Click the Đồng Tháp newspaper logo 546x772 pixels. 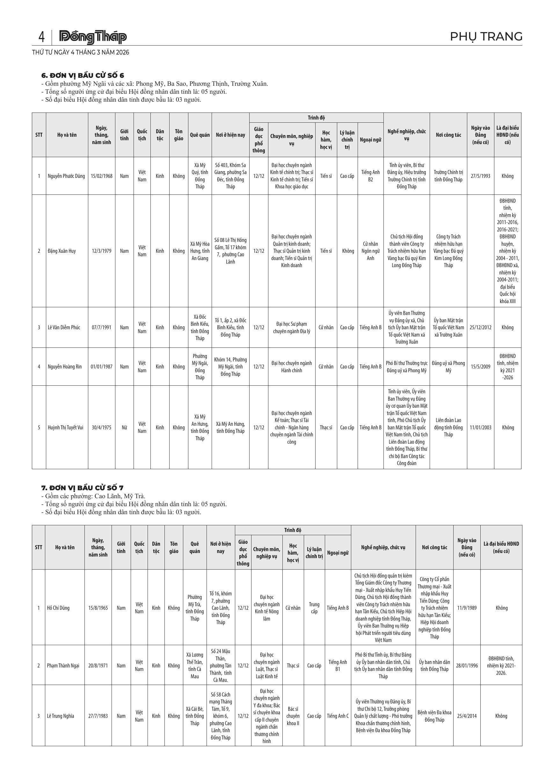(x=93, y=37)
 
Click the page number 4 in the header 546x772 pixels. (x=41, y=37)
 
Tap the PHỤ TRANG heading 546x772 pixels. (x=486, y=36)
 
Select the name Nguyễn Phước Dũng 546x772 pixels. (x=66, y=176)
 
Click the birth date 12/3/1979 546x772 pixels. (x=102, y=251)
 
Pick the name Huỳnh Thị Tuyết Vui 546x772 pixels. (x=66, y=427)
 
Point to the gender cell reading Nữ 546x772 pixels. (x=124, y=427)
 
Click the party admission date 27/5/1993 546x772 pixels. (x=480, y=176)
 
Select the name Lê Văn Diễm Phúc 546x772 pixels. (x=64, y=327)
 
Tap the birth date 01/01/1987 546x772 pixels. (x=102, y=367)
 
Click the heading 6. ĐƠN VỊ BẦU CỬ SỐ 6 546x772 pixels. (x=83, y=75)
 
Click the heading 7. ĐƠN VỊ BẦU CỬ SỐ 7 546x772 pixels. (x=82, y=488)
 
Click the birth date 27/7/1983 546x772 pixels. (x=98, y=716)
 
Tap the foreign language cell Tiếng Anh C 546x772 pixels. (x=338, y=716)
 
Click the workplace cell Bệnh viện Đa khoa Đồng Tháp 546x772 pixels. (x=434, y=716)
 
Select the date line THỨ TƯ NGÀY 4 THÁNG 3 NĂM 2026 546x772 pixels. (x=81, y=53)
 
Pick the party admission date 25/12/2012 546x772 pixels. (x=480, y=327)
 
